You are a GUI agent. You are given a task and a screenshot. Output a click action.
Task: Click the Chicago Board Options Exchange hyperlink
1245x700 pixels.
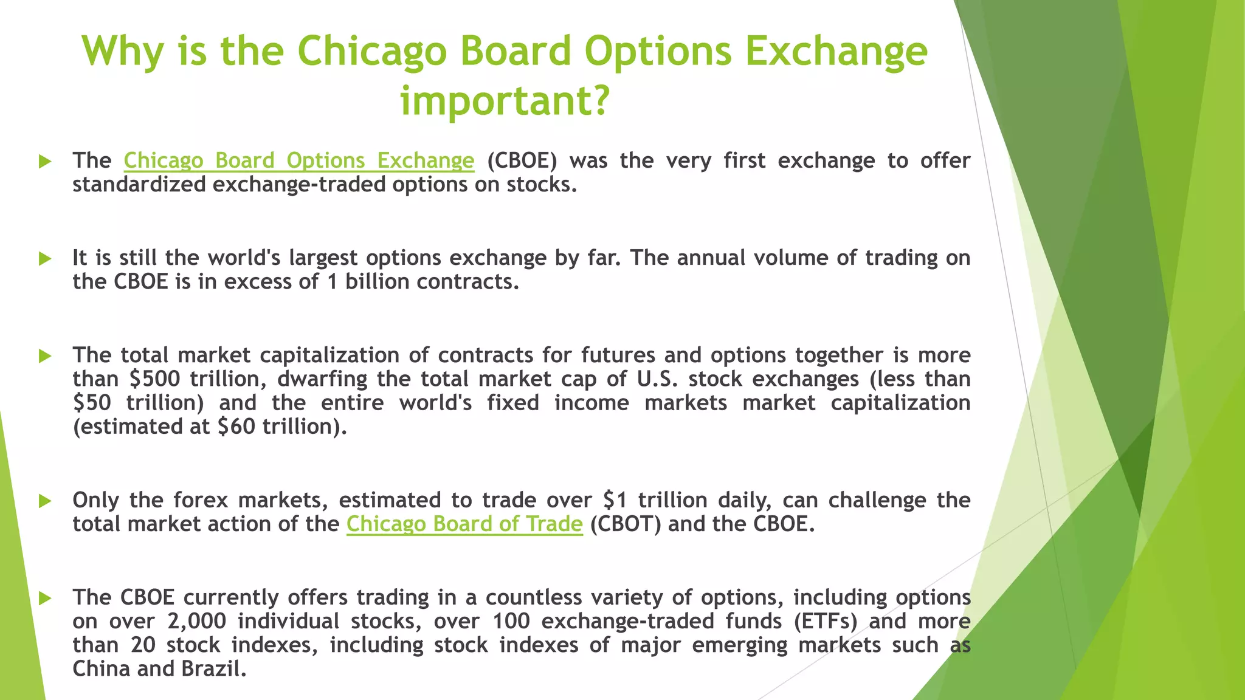[298, 160]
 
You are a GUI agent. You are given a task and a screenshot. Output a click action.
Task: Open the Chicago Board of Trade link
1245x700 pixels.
[464, 524]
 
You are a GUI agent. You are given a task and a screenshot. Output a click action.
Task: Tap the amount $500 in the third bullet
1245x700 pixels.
[155, 379]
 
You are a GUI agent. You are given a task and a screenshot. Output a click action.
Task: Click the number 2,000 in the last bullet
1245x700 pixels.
[196, 621]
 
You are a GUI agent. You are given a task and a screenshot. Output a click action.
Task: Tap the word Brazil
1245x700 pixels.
[213, 669]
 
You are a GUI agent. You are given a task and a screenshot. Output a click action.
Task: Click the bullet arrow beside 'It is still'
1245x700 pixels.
[45, 259]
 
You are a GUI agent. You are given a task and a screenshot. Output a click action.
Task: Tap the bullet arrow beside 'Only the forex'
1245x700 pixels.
[45, 501]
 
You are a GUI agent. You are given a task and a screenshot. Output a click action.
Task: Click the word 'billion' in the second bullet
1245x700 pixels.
[377, 282]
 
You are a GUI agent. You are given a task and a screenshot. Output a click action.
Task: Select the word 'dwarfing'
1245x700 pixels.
[322, 379]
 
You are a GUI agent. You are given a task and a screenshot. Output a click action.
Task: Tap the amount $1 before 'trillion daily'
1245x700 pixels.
[615, 500]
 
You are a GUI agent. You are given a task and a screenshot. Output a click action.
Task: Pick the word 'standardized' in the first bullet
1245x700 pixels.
[139, 184]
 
